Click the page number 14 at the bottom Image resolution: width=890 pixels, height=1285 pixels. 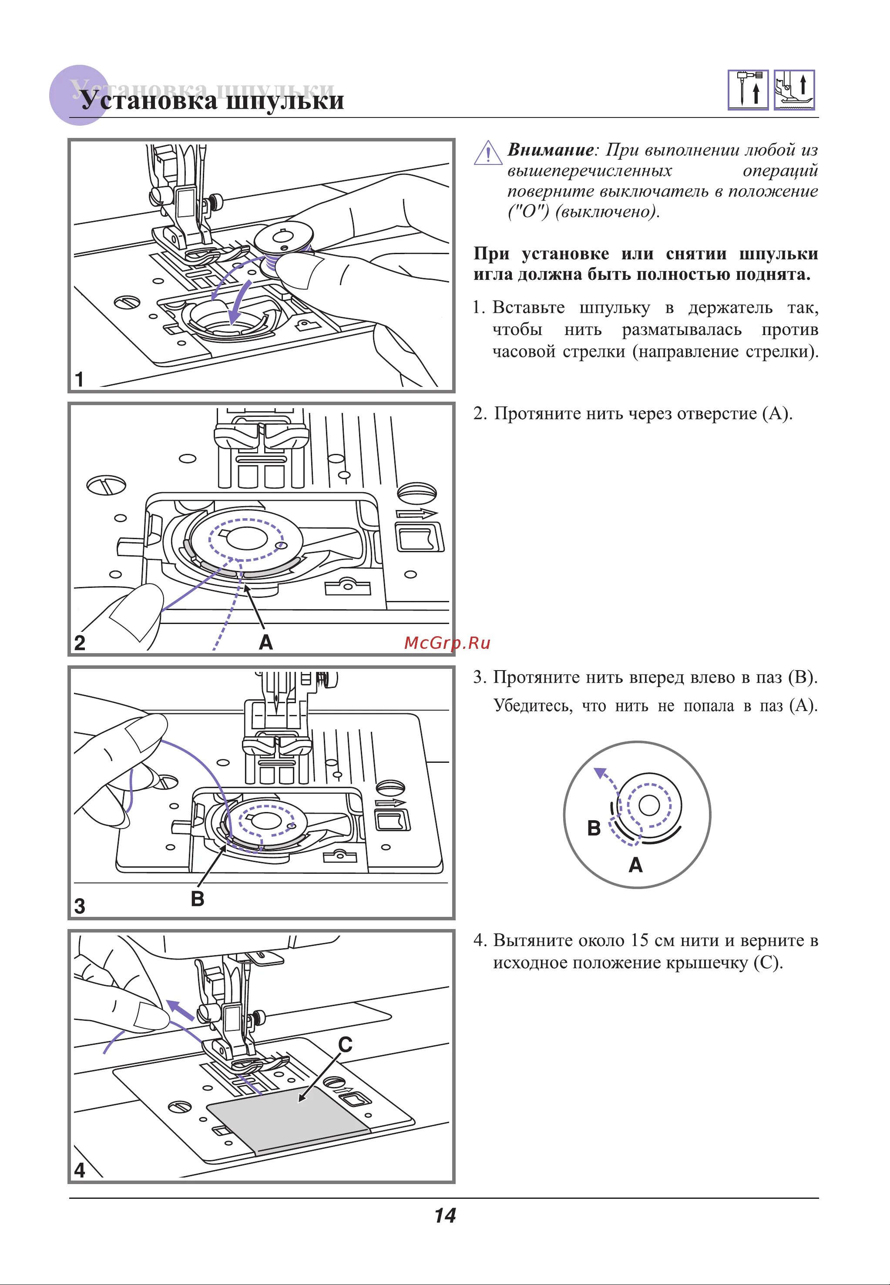[x=445, y=1215]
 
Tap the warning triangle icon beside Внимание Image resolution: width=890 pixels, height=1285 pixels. [x=487, y=153]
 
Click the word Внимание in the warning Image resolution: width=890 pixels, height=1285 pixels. [x=550, y=150]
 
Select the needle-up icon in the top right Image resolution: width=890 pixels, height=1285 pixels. [x=748, y=90]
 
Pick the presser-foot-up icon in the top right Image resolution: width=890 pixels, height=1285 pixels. [x=794, y=90]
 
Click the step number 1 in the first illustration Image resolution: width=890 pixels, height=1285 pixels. [x=80, y=379]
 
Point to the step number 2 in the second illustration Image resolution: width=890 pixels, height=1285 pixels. [x=80, y=643]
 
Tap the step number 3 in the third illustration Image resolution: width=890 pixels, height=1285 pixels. [x=80, y=906]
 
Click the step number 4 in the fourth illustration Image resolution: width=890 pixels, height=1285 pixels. [x=80, y=1170]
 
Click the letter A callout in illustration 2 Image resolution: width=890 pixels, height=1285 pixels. [x=265, y=643]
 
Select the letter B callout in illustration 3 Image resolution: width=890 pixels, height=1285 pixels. [x=198, y=899]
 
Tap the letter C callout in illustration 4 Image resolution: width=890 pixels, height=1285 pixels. [x=345, y=1045]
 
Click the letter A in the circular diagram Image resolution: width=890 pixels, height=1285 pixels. [x=636, y=865]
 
